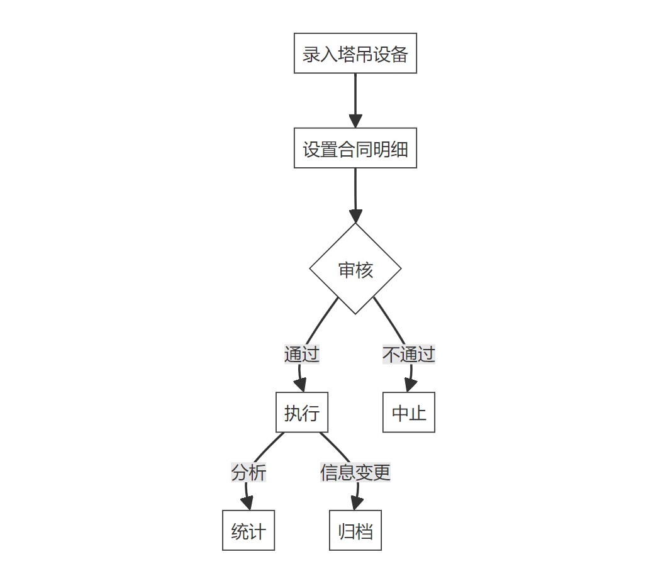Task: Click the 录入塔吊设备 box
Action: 355,53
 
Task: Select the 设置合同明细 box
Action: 355,148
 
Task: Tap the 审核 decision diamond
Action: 355,269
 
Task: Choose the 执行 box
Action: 302,412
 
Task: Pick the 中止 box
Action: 409,412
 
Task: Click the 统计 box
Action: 248,531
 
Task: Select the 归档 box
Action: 355,531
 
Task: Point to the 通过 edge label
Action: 302,354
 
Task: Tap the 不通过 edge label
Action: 409,354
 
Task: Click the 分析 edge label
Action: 248,472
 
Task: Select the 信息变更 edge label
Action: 355,472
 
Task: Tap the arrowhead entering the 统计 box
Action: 247,504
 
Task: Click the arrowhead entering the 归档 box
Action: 356,504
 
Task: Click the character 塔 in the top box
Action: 346,54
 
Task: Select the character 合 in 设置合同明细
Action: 347,149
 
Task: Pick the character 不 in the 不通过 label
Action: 391,355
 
